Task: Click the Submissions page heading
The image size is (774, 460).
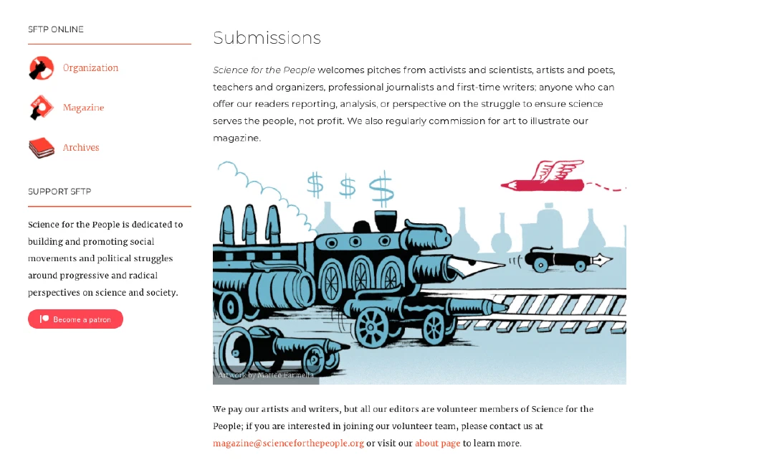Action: click(267, 38)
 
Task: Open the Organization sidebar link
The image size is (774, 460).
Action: click(90, 67)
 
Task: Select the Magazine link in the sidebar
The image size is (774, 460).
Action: click(83, 108)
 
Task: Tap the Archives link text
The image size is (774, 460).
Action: click(81, 147)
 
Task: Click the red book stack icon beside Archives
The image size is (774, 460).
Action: click(42, 148)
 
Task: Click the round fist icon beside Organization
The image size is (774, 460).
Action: click(42, 68)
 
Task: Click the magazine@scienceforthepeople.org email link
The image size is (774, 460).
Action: click(288, 443)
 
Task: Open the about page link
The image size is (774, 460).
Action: click(437, 443)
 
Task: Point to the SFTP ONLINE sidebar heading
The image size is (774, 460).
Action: click(56, 29)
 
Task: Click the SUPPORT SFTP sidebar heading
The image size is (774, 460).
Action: click(59, 192)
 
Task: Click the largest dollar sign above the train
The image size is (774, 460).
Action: click(381, 189)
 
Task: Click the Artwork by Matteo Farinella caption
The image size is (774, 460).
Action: click(266, 375)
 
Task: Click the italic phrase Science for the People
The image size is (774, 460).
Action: click(264, 70)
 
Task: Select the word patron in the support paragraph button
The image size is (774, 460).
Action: click(100, 319)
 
